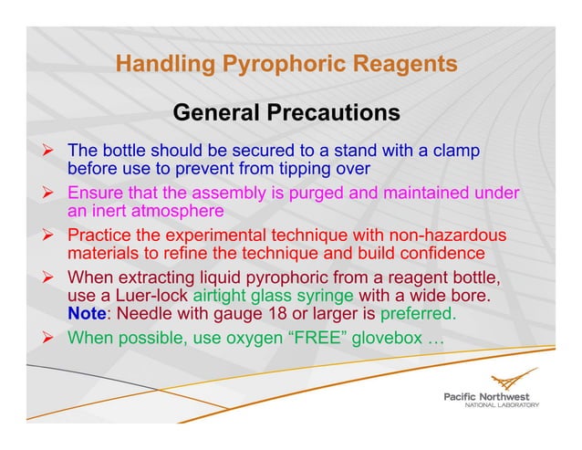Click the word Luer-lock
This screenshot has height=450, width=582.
[x=154, y=296]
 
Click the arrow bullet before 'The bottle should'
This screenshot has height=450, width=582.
[x=53, y=150]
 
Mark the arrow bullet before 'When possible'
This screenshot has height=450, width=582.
[x=53, y=338]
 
